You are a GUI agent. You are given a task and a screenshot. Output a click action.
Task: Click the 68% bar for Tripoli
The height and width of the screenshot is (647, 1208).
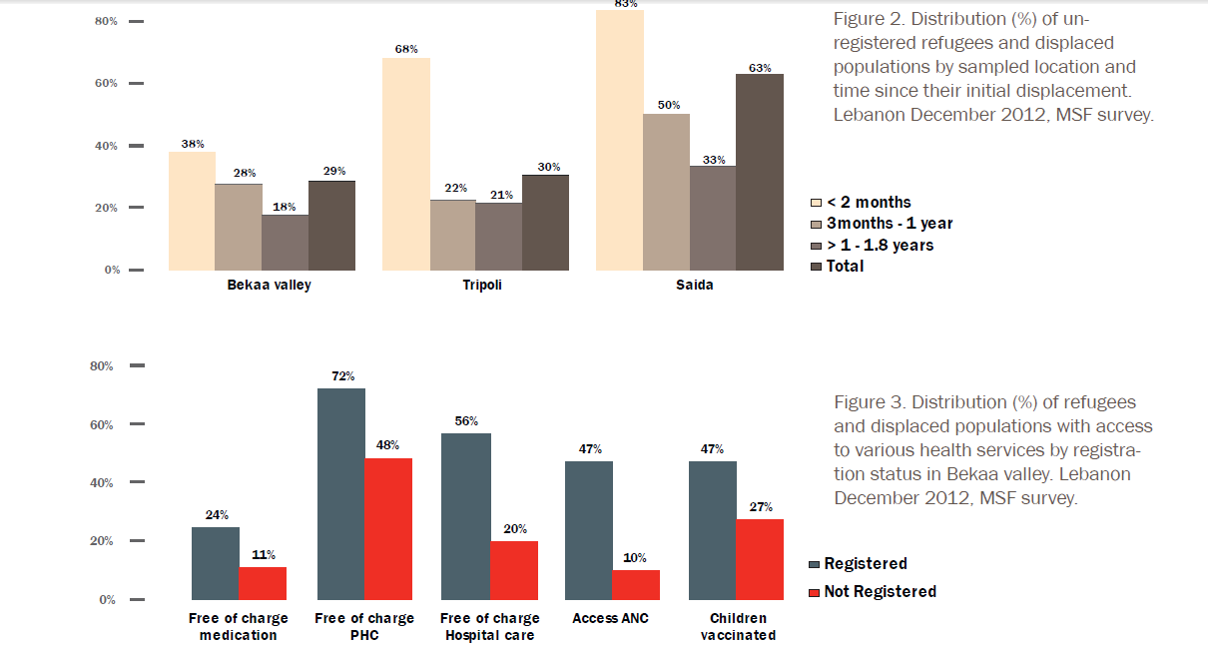[x=406, y=164]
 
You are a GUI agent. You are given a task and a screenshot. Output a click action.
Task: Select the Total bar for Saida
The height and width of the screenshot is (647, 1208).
[x=760, y=172]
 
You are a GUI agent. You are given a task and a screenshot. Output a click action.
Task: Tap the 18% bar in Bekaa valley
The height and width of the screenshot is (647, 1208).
[x=286, y=243]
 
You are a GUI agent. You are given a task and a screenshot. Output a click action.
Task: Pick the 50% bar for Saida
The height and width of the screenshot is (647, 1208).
[x=666, y=192]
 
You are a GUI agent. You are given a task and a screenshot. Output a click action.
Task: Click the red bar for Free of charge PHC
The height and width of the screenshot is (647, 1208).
[x=388, y=529]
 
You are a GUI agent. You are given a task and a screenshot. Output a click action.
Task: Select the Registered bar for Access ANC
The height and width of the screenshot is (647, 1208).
[x=589, y=530]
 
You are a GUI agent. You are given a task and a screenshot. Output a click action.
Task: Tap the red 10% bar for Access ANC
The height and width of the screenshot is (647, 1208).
[x=636, y=585]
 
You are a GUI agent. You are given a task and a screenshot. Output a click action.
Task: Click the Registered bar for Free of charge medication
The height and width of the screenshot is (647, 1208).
[x=216, y=563]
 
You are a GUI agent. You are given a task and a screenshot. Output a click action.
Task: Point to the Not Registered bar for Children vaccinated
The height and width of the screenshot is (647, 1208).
[x=761, y=559]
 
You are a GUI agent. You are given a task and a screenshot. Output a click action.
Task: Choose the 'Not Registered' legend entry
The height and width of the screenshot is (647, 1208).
[x=872, y=592]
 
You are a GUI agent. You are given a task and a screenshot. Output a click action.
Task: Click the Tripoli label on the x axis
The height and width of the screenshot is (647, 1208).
[x=482, y=286]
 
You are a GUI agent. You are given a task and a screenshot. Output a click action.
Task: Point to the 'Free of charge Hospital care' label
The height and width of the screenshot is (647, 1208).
[x=489, y=627]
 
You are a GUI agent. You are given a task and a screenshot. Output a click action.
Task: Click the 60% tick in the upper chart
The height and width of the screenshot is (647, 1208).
[x=107, y=84]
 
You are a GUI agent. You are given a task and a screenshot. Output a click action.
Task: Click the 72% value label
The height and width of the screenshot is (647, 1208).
[x=341, y=377]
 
